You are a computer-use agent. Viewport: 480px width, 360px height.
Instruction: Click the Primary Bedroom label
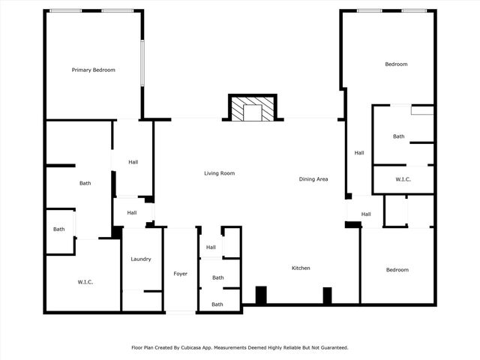94,70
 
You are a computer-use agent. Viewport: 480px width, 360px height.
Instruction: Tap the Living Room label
220,173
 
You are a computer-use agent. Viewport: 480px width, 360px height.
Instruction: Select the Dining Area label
313,179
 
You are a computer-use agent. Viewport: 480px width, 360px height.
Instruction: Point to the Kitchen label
301,268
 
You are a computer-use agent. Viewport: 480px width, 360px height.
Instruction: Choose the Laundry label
141,259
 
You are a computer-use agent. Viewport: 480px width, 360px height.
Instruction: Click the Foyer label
181,274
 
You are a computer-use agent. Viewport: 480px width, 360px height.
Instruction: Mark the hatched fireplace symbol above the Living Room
253,109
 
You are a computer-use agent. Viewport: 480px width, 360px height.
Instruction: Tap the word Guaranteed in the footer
331,347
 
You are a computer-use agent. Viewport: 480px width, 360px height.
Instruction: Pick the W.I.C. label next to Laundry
85,282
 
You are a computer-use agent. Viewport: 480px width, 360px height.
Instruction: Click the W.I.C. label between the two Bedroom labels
403,179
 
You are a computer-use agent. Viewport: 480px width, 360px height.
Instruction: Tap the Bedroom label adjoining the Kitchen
397,270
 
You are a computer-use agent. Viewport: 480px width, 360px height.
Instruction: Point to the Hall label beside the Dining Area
359,153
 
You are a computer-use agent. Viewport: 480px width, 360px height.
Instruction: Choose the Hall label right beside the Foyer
211,247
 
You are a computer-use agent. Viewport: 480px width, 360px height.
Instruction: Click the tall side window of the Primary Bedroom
142,63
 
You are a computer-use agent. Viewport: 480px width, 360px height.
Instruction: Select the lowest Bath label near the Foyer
217,304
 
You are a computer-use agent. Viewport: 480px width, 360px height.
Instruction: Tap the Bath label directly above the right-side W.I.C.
398,136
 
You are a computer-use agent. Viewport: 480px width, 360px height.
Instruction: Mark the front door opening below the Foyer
181,312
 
